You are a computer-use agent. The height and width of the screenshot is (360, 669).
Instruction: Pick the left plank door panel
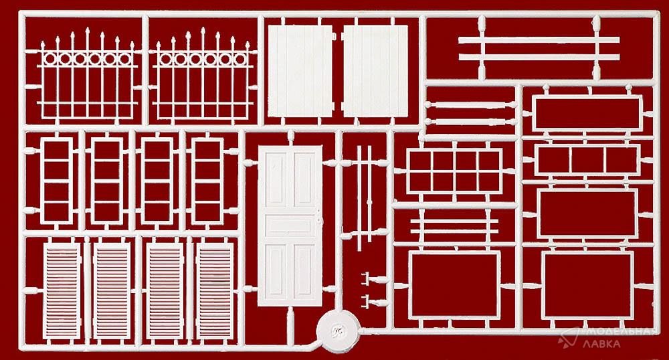(300, 71)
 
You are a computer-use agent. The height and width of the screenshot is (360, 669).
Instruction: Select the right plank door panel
(375, 71)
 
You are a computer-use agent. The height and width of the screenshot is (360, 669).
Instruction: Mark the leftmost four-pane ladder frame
(57, 181)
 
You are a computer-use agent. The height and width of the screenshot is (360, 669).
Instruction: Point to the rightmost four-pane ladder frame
(207, 181)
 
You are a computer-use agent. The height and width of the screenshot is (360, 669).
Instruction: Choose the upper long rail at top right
(539, 40)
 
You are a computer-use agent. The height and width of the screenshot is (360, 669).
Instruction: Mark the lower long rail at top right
(539, 57)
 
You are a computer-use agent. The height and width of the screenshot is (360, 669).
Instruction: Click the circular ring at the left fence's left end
(50, 59)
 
